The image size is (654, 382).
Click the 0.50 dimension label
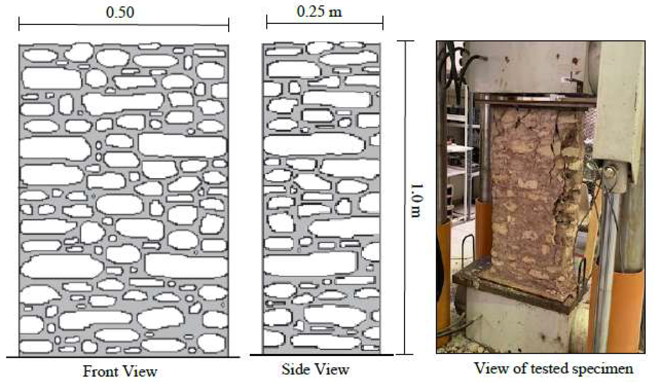click(x=120, y=13)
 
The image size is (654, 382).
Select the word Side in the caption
click(x=295, y=369)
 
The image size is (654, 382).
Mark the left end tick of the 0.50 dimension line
click(x=19, y=24)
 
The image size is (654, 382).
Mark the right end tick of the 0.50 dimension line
click(x=229, y=25)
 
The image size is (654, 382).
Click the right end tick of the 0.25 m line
click(x=383, y=23)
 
